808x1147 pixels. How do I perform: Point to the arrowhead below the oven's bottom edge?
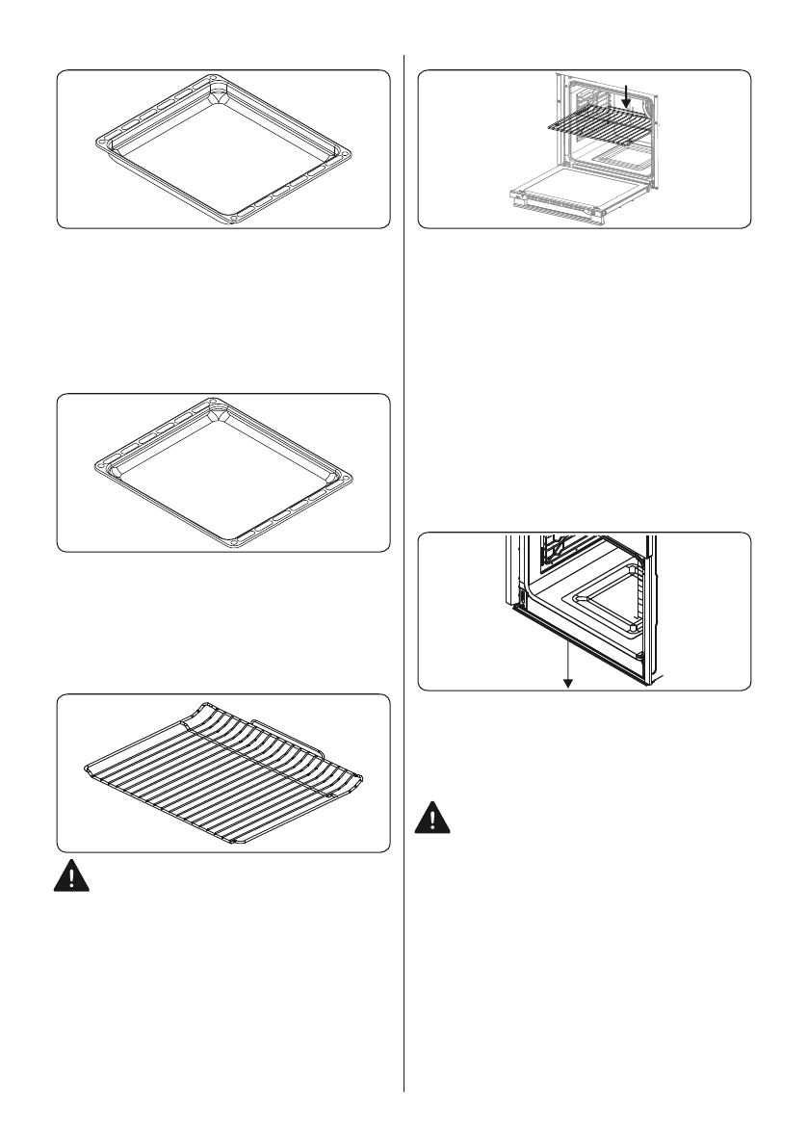click(568, 683)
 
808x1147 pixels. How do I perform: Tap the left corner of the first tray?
click(100, 146)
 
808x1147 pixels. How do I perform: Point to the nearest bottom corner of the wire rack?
click(237, 840)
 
